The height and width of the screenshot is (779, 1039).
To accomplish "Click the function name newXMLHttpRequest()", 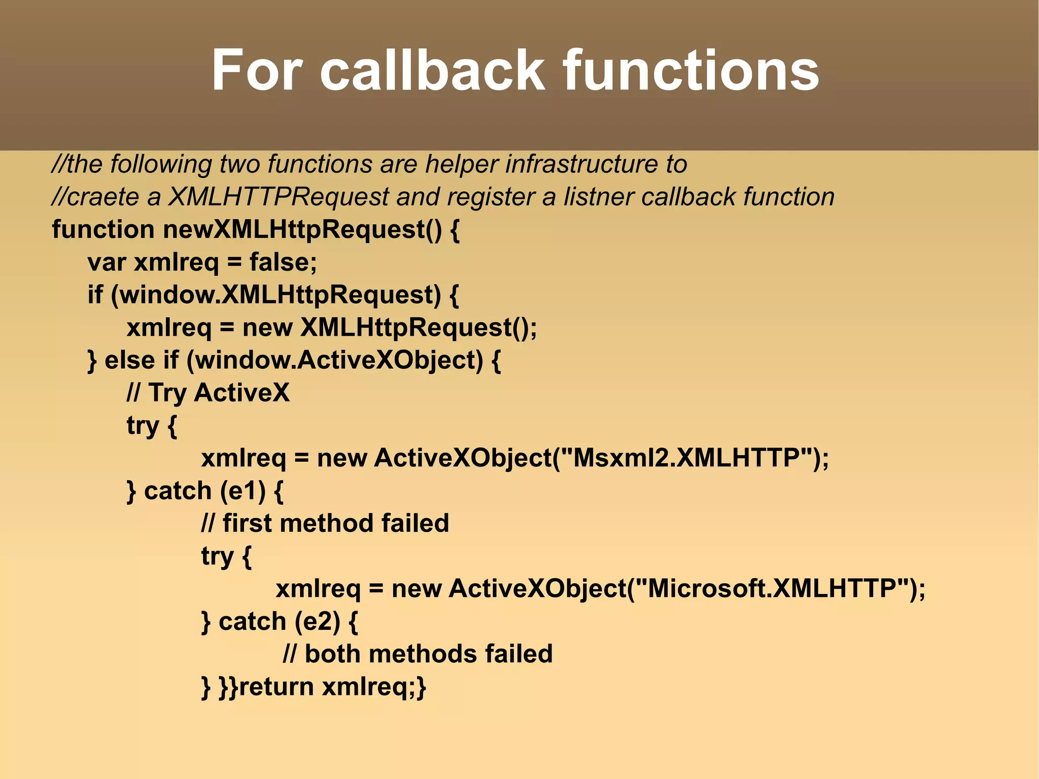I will click(302, 230).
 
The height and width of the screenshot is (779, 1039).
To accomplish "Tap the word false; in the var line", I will click(283, 262).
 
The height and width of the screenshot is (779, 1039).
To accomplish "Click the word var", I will click(107, 263).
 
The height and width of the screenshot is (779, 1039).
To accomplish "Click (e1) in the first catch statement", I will click(243, 491).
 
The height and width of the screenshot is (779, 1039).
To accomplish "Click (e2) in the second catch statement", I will click(317, 622).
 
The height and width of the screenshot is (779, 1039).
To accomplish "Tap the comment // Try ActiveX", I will click(208, 393).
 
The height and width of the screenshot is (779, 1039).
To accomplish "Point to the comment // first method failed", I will click(325, 524).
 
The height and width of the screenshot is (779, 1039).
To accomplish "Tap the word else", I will click(129, 361).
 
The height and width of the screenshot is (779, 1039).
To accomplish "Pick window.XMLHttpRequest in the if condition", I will click(276, 295).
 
